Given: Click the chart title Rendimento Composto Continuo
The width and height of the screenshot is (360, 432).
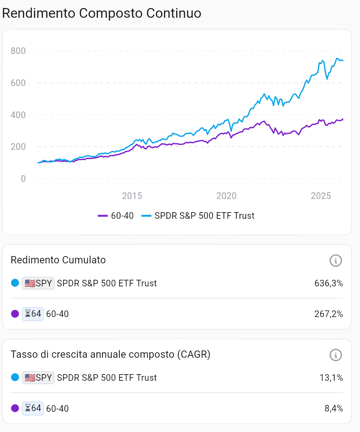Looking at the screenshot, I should tap(102, 13).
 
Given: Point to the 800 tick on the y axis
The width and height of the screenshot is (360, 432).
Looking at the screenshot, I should tap(18, 51).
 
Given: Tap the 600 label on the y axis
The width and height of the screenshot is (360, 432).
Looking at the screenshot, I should tap(18, 83).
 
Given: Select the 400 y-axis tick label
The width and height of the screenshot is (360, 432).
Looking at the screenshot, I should tap(18, 115).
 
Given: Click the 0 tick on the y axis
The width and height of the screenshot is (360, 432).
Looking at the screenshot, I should tap(23, 179).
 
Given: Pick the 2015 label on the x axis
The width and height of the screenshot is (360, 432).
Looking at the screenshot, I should tap(132, 196).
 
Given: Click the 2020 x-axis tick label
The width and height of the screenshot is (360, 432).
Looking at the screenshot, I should tap(226, 196).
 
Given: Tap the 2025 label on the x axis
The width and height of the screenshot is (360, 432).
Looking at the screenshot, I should tap(321, 196).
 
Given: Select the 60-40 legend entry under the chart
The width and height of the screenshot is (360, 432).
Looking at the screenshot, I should tap(116, 216).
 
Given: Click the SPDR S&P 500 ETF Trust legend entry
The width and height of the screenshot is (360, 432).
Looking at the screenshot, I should tap(198, 216).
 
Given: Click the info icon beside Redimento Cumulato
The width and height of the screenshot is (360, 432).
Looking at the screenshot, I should tap(336, 260).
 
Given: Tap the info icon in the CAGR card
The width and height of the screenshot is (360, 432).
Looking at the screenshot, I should tap(336, 355).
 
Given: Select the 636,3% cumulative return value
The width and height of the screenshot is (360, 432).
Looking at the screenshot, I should tap(328, 283).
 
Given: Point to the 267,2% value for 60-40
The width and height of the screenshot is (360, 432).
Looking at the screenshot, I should tap(328, 314).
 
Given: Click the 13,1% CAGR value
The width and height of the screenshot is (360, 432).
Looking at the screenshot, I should tap(331, 378).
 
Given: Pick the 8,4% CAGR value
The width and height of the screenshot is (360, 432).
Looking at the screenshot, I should tap(334, 408).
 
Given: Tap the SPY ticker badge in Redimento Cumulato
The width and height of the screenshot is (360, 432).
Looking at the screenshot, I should tap(38, 283).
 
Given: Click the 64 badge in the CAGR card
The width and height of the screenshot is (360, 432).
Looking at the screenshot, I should tap(33, 408).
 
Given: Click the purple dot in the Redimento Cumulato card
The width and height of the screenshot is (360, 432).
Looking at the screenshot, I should tap(15, 314).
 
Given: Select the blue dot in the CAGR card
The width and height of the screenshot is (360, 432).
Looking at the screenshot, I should tap(15, 377).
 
